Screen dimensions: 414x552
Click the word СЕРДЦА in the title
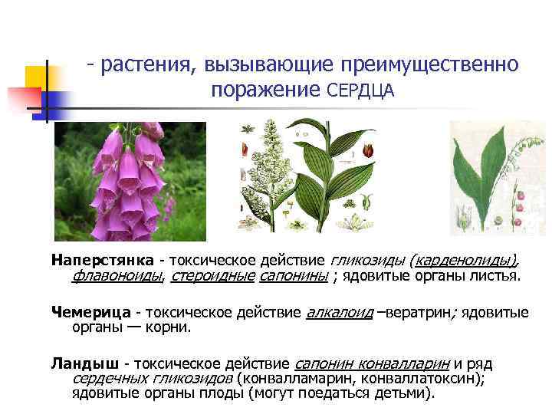tap(360, 90)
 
